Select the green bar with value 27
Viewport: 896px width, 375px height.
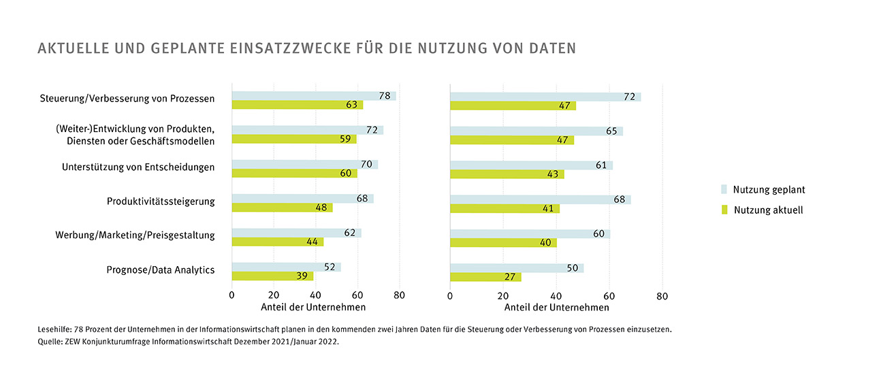click(485, 277)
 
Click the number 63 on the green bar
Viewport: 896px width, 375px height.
click(353, 105)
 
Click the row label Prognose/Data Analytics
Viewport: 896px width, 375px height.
click(161, 270)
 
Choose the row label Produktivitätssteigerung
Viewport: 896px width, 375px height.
click(161, 201)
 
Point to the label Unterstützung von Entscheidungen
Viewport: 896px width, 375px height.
click(138, 167)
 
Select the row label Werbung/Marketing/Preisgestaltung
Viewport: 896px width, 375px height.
click(135, 235)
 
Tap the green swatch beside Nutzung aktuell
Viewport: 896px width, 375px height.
click(725, 210)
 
